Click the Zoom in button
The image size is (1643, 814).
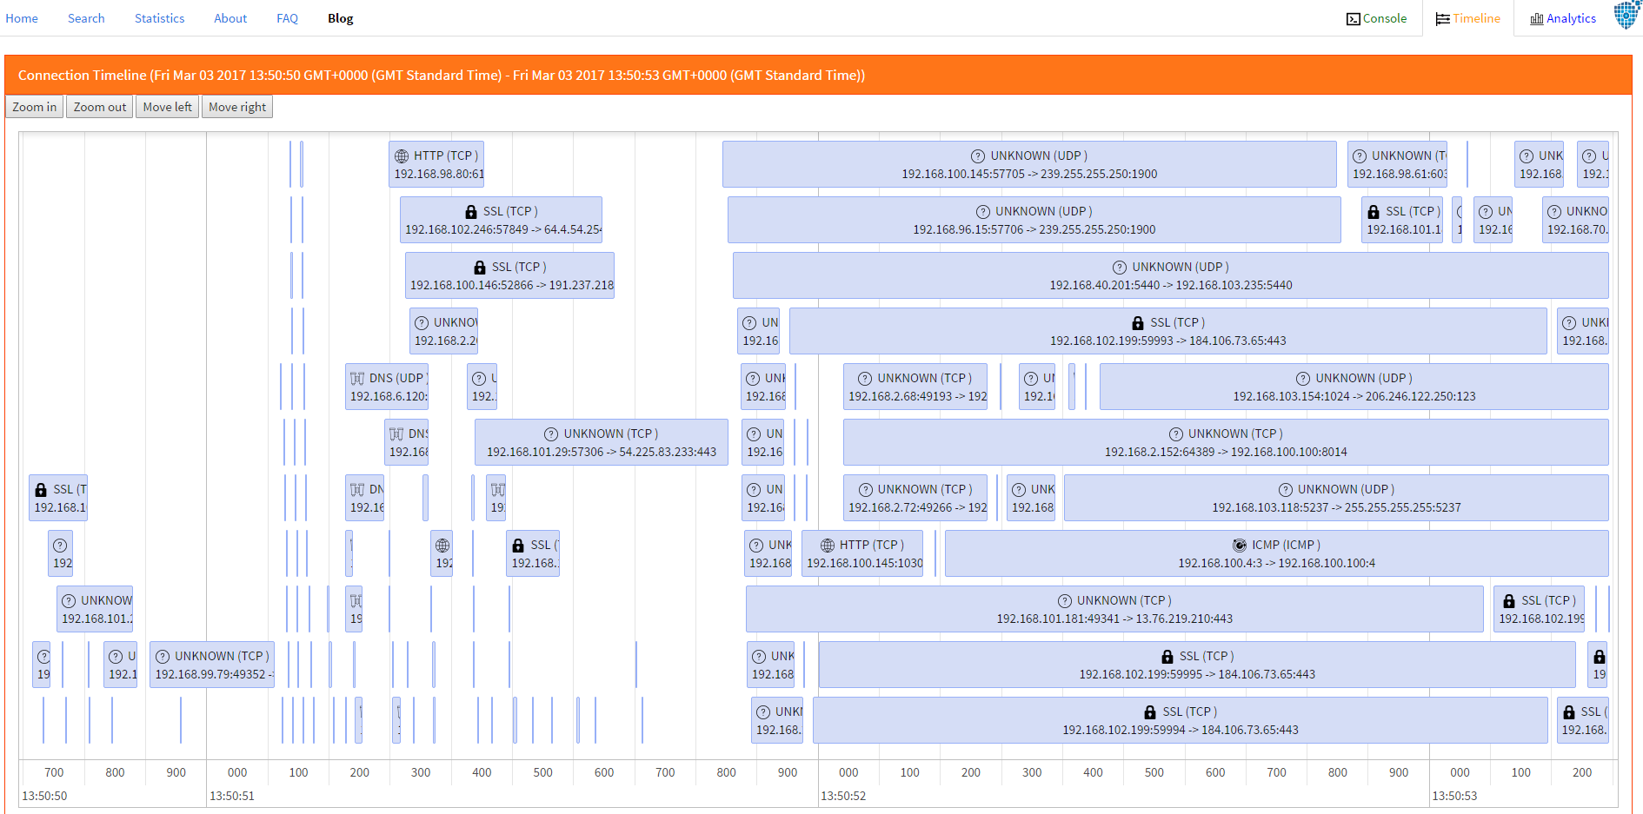click(x=34, y=107)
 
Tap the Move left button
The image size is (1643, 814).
click(x=167, y=107)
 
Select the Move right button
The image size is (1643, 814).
click(x=237, y=107)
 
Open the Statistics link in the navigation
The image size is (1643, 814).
click(x=159, y=18)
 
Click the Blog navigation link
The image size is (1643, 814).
click(x=340, y=18)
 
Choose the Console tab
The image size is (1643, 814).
click(x=1376, y=18)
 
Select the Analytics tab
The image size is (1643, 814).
click(x=1563, y=18)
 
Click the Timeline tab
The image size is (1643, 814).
click(x=1468, y=18)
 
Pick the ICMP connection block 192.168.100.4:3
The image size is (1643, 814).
click(x=1276, y=553)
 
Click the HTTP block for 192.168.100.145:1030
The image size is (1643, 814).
click(x=864, y=553)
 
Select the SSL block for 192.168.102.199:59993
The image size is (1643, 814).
click(x=1167, y=331)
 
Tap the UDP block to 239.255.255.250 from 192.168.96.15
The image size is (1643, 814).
click(x=1034, y=220)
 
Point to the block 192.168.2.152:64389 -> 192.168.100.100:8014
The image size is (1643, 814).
click(x=1225, y=442)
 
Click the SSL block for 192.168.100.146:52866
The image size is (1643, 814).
click(x=510, y=275)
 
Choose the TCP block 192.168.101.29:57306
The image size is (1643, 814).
click(x=601, y=442)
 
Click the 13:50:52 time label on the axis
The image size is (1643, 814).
click(x=843, y=796)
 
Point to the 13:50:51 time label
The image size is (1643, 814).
click(x=232, y=796)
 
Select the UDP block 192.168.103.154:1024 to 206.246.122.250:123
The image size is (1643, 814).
click(x=1354, y=387)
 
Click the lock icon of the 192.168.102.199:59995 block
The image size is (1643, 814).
click(x=1167, y=657)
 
